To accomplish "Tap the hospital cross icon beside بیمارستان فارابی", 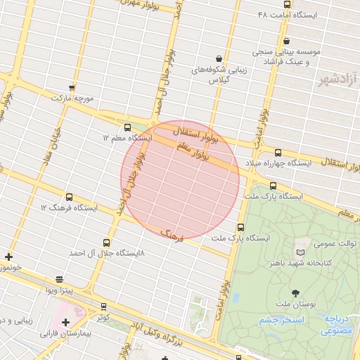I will pos(65,322).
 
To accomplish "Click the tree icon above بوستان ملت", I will pos(294,292).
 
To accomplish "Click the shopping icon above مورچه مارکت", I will pos(72,87).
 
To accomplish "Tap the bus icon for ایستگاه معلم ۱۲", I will pos(127,127).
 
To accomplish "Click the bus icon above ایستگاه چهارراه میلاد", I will pos(278,153).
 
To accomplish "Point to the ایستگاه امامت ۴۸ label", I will pos(288,14).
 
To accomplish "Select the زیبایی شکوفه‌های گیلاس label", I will pos(219,75).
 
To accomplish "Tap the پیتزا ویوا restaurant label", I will pos(59,290).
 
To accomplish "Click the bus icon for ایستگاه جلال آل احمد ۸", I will pos(106,241).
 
